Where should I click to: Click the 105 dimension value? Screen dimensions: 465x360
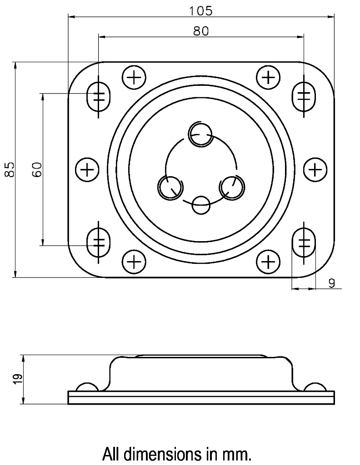(200, 10)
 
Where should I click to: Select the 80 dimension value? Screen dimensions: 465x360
(200, 31)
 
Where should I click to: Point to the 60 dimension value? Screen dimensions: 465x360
(37, 169)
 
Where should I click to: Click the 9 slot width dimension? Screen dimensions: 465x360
(331, 283)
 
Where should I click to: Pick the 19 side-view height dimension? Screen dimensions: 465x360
(18, 379)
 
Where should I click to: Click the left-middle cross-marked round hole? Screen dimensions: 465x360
(87, 170)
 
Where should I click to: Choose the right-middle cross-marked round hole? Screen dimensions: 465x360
(315, 170)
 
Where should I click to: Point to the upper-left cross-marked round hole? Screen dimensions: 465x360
(134, 78)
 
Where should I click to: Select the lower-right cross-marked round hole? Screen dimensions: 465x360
(269, 262)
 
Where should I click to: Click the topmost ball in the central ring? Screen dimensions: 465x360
(200, 134)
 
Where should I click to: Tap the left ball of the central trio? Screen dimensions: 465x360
(170, 187)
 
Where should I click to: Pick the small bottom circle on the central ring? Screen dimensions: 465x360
(200, 205)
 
